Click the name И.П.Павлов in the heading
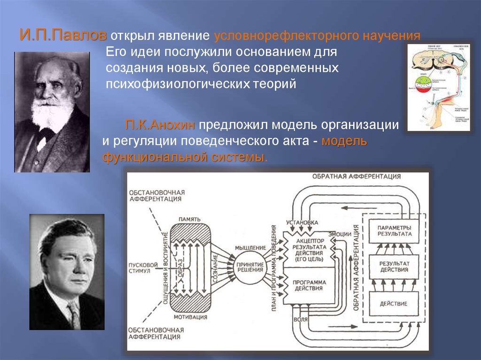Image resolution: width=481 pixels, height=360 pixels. click(63, 36)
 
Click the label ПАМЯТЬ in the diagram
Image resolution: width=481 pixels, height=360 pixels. click(190, 219)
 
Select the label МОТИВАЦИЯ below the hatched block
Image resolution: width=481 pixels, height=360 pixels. click(190, 316)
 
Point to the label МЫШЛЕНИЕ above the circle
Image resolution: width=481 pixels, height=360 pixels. click(249, 247)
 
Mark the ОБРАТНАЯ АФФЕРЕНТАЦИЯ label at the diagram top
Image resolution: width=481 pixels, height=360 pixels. click(356, 176)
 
